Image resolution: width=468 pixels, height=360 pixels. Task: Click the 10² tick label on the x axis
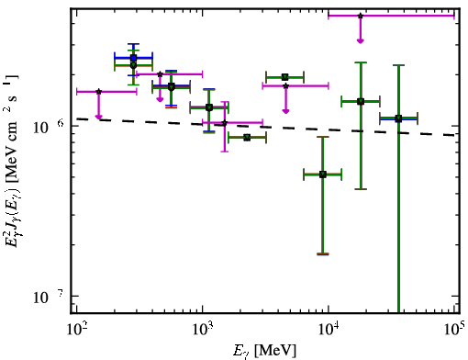point(76,330)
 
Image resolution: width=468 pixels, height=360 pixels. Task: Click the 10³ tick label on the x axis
point(203,330)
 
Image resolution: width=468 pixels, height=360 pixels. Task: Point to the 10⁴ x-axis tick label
point(329,330)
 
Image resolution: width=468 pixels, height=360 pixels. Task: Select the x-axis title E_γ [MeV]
point(264,351)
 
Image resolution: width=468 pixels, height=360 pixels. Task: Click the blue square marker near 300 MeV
point(133,58)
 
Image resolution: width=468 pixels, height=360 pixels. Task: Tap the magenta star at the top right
point(361,16)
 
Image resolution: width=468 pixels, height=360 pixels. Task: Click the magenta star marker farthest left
point(98,92)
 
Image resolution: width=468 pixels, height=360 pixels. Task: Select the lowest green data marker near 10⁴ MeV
point(323,174)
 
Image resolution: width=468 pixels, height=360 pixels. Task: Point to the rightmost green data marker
point(398,118)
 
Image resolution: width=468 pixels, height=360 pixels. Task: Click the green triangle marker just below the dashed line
point(247,138)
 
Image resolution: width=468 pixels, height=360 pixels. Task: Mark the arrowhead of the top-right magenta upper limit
point(361,40)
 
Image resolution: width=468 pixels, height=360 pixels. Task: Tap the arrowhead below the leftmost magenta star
point(98,117)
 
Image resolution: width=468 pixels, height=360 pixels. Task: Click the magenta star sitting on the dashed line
point(225,123)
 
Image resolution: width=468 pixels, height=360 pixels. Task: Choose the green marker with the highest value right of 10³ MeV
point(285,77)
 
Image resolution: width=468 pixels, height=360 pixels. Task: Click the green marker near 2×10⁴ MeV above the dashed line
point(361,101)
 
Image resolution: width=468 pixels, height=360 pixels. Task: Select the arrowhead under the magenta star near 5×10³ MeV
point(285,111)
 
